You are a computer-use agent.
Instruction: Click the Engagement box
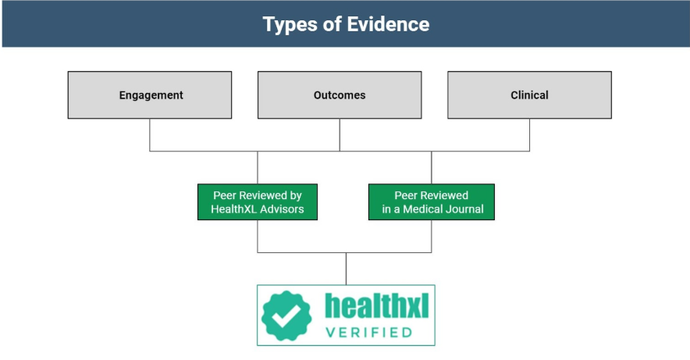point(150,95)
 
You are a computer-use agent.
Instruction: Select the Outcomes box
point(340,95)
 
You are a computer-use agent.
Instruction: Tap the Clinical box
point(529,95)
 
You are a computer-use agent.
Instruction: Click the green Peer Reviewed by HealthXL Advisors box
point(258,202)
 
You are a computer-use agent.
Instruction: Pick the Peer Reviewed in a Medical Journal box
point(431,202)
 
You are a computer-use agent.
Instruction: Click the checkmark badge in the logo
point(286,315)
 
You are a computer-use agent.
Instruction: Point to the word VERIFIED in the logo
point(368,332)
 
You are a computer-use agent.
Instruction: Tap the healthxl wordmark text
point(377,305)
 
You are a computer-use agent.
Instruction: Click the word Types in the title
point(290,25)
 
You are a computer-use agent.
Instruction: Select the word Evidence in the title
point(388,23)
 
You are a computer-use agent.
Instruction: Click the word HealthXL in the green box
point(233,209)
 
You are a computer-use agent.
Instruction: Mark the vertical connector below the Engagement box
point(150,135)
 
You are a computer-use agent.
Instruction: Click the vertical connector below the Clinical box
point(529,135)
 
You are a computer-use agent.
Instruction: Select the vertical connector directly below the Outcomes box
point(340,135)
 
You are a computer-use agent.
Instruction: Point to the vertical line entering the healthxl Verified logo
point(346,269)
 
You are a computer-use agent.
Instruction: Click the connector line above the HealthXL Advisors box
point(258,168)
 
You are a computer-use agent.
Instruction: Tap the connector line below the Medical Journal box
point(431,237)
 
